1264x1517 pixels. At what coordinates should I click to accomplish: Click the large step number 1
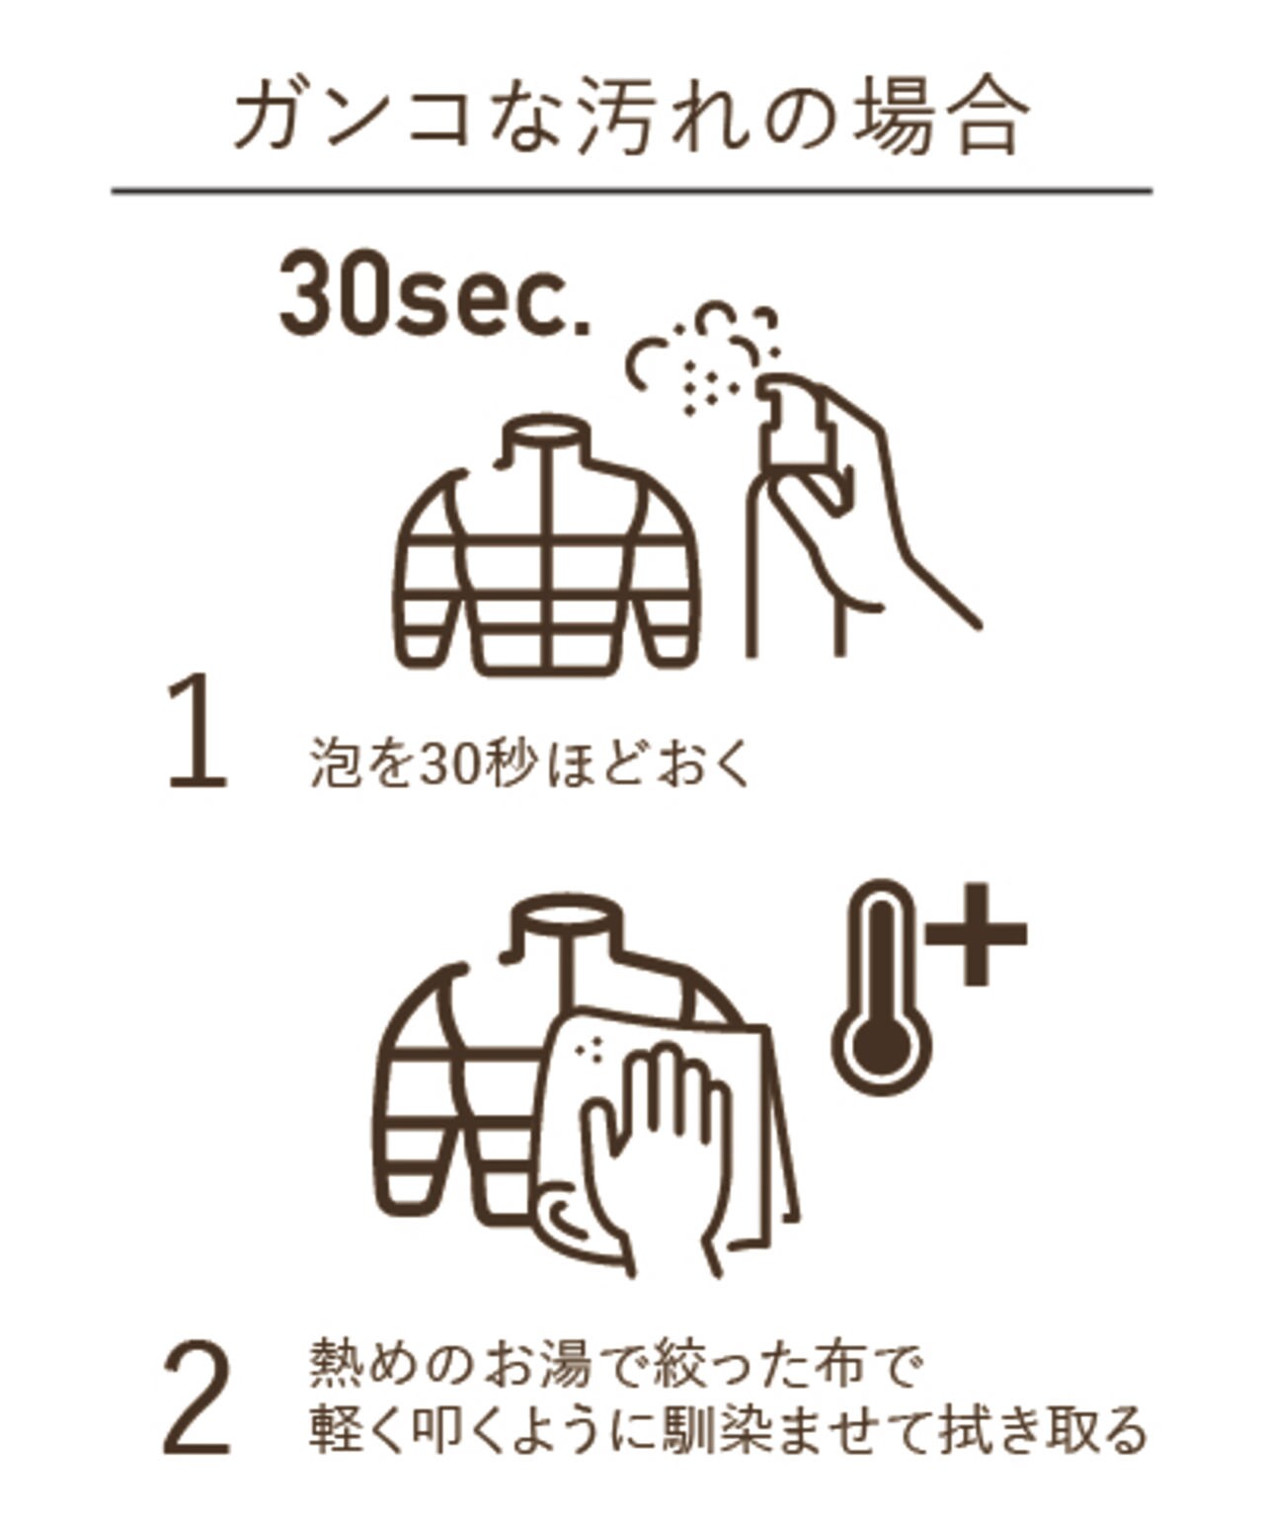pyautogui.click(x=197, y=732)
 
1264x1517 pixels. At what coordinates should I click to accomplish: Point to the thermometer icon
pyautogui.click(x=881, y=986)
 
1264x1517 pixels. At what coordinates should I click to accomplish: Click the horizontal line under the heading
pyautogui.click(x=631, y=191)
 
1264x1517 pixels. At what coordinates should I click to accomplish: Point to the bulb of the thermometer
pyautogui.click(x=881, y=1046)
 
